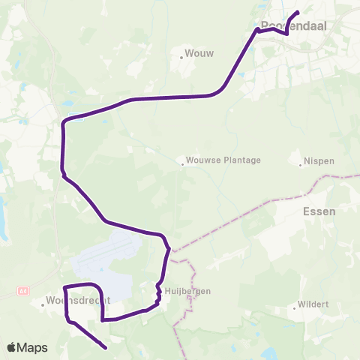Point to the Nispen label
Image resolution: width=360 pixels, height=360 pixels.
318,161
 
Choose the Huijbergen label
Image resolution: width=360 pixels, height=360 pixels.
188,291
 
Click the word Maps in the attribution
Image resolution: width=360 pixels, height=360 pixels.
33,347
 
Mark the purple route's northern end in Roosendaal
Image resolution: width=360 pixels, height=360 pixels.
298,11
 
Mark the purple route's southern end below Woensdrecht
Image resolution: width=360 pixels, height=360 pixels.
105,347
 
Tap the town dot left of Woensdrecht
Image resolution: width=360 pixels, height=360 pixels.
43,304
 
